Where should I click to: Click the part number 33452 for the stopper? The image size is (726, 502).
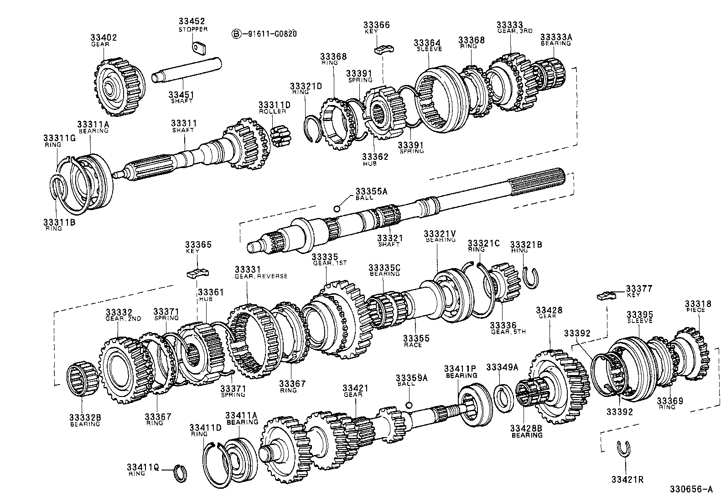(192, 21)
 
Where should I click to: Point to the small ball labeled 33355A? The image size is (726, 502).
(337, 209)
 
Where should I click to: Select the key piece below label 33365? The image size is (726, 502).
(197, 273)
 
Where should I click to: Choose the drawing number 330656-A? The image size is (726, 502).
(690, 489)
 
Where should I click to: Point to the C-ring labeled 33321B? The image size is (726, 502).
(531, 278)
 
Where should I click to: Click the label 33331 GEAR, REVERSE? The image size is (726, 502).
(261, 273)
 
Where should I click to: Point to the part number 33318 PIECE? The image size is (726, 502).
(695, 306)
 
